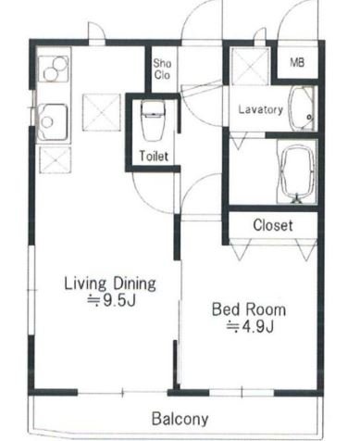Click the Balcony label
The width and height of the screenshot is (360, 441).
[x=180, y=419]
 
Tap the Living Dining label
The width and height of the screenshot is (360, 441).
[x=110, y=283]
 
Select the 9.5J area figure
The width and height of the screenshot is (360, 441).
[x=112, y=300]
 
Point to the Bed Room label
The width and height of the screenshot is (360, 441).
[x=249, y=309]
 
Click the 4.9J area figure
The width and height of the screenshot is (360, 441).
[x=250, y=326]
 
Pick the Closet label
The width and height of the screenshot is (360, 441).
[x=273, y=225]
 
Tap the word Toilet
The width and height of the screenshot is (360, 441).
[x=154, y=156]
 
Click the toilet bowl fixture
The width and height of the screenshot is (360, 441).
[x=153, y=120]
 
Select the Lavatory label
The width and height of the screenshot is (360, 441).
[x=261, y=109]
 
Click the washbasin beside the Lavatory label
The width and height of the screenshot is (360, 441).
[x=301, y=108]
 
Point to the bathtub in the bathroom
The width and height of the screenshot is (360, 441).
[x=297, y=172]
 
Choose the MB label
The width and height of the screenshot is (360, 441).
[x=297, y=63]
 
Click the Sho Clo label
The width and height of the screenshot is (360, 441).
[x=162, y=69]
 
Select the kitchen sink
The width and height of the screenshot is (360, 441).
[x=53, y=122]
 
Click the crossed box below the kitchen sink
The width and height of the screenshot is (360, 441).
[x=56, y=159]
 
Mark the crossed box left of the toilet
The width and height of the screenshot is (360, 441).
[x=101, y=113]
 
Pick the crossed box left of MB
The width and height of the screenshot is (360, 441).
[x=250, y=66]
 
